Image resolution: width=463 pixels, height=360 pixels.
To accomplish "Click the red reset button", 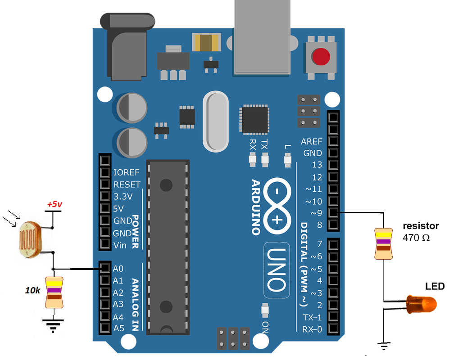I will pos(321,57).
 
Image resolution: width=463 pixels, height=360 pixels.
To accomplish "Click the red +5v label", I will pos(54,205).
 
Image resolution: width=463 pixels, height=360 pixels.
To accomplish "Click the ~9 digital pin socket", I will pos(333,212).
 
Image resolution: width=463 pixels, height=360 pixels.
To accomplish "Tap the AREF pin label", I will pos(312,141).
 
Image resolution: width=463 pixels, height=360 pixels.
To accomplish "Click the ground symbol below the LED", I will pos(384,346).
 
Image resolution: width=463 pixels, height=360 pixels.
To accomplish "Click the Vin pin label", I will pos(120,245).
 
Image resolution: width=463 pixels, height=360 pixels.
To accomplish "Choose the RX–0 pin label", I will pos(312,329).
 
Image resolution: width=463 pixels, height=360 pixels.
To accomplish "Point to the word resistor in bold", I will pos(421,226).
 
